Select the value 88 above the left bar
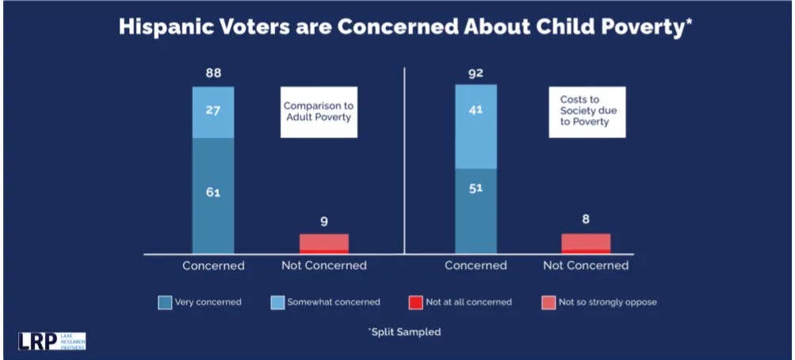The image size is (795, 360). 213,73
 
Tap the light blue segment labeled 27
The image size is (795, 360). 213,111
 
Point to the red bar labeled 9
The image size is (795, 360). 323,243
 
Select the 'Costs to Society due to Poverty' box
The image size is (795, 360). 587,111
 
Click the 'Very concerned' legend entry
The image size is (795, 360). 200,302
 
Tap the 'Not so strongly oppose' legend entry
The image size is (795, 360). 599,302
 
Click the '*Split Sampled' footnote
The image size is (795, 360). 404,332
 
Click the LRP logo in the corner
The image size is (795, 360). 52,341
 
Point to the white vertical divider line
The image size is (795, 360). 405,159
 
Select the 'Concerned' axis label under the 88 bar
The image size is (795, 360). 213,266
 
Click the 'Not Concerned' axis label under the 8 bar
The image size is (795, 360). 586,266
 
